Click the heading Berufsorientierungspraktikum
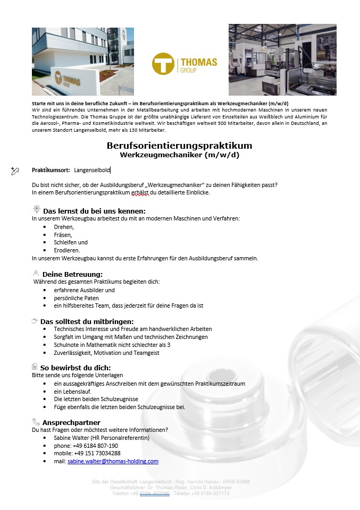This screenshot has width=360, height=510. tap(179, 146)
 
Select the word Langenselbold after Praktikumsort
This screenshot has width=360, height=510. tap(92, 170)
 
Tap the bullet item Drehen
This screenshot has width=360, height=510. tap(64, 226)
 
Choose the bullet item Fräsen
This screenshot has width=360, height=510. tap(63, 234)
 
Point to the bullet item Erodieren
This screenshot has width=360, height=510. tap(67, 250)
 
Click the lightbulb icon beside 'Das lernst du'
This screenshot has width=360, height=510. tap(36, 210)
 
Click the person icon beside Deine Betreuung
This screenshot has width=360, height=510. tap(36, 274)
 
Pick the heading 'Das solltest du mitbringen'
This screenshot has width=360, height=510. tap(87, 321)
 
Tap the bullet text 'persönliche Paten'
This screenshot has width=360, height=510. tap(77, 298)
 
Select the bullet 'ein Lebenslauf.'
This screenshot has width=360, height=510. tap(73, 391)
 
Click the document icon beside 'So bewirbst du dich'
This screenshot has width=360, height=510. tap(35, 367)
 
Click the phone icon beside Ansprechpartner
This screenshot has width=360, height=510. tap(36, 422)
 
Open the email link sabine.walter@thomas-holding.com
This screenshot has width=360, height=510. tap(113, 461)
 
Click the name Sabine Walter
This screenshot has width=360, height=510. tap(72, 438)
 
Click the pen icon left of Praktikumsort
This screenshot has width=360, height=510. tap(15, 171)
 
